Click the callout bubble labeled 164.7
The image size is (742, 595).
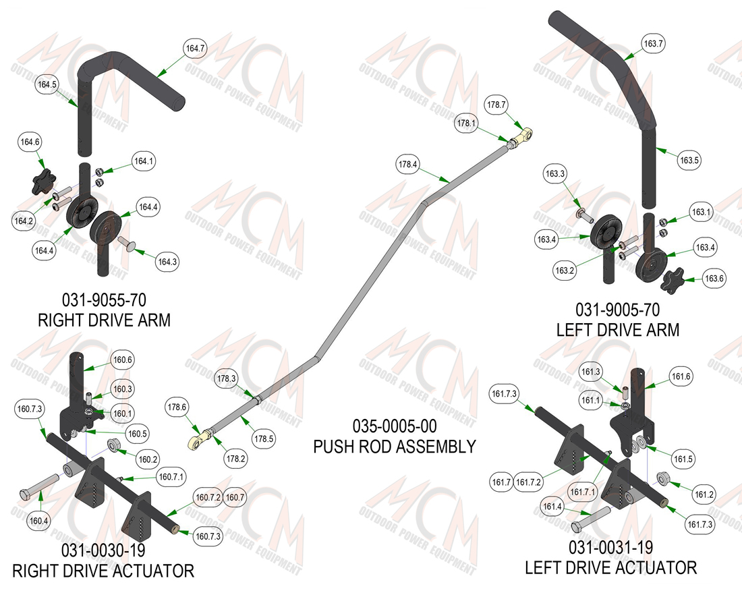(x=195, y=49)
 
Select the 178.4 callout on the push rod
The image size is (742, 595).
(x=407, y=164)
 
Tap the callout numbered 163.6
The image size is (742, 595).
(x=714, y=279)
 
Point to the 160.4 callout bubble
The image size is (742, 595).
(x=38, y=521)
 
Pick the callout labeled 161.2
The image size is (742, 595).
(x=704, y=494)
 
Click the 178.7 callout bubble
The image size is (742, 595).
(x=496, y=105)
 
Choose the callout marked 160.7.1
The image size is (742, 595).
(x=171, y=477)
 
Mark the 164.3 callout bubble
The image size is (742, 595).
(x=167, y=262)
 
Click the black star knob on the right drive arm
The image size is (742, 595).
(x=44, y=181)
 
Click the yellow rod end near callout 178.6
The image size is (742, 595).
(x=199, y=438)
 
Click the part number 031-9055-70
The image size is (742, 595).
(x=104, y=300)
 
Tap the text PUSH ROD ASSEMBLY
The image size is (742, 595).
(x=395, y=447)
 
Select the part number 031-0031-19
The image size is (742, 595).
(x=610, y=548)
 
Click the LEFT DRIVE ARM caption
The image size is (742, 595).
(x=617, y=330)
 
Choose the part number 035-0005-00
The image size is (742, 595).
(x=395, y=426)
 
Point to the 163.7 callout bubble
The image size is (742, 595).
(x=653, y=44)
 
